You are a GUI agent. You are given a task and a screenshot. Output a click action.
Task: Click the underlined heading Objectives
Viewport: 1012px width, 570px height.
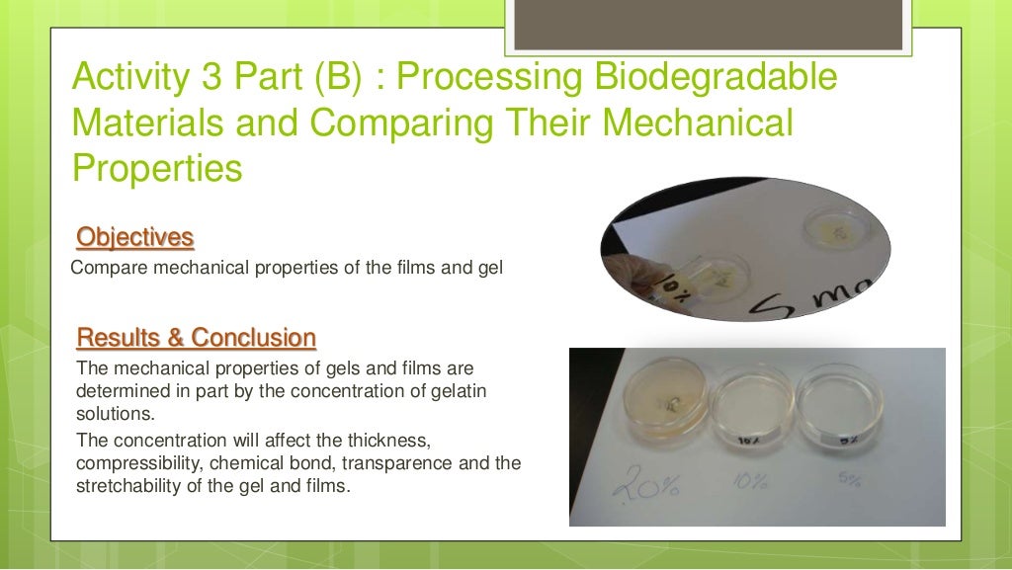(x=134, y=238)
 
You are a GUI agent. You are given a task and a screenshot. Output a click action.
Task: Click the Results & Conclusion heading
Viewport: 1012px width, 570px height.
(x=196, y=338)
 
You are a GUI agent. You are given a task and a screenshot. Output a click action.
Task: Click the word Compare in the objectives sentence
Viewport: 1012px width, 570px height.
(x=104, y=267)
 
